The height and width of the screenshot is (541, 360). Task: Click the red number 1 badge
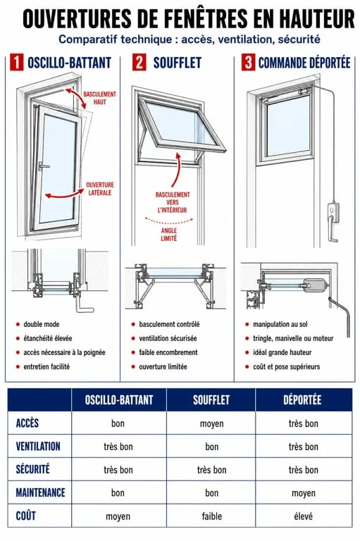click(17, 62)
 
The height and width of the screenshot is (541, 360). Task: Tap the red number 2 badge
click(139, 62)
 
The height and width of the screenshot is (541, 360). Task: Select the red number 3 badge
click(248, 62)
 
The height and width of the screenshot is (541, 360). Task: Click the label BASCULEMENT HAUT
click(100, 98)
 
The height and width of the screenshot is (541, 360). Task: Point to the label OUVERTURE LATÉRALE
click(100, 189)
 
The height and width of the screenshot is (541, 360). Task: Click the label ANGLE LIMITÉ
click(169, 235)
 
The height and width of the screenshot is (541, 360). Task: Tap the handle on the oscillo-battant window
click(43, 166)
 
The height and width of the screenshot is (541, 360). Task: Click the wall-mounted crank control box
click(333, 212)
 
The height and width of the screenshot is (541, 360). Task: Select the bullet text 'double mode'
click(41, 324)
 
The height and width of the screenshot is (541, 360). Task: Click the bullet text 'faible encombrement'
click(168, 352)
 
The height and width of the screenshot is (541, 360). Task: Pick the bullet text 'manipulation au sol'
click(280, 324)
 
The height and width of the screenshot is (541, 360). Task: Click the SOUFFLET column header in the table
click(211, 400)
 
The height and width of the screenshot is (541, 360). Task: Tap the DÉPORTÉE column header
click(302, 400)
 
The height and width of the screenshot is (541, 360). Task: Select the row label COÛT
click(26, 516)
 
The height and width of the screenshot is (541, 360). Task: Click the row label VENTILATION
click(38, 446)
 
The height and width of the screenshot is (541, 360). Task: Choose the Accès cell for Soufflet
click(211, 423)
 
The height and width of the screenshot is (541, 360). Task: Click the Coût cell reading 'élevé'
click(303, 516)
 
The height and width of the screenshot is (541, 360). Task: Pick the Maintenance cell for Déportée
click(304, 493)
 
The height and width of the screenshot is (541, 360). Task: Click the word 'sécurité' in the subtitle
click(299, 39)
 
